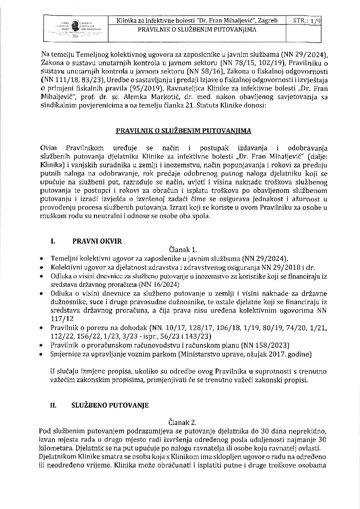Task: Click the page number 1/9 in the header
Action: [316, 21]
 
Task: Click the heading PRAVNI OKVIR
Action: [97, 241]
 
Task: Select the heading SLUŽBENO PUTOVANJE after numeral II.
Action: [110, 405]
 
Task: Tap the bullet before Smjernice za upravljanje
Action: [41, 355]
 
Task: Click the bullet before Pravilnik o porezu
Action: [41, 328]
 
